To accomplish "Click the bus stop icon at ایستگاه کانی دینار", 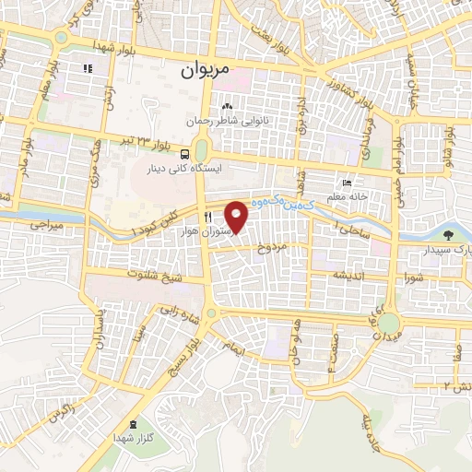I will pyautogui.click(x=186, y=154).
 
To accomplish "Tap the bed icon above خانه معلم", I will pyautogui.click(x=347, y=183).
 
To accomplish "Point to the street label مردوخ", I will pyautogui.click(x=274, y=248).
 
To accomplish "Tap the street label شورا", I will pyautogui.click(x=412, y=277).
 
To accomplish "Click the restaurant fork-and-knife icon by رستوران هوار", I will pyautogui.click(x=195, y=217).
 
